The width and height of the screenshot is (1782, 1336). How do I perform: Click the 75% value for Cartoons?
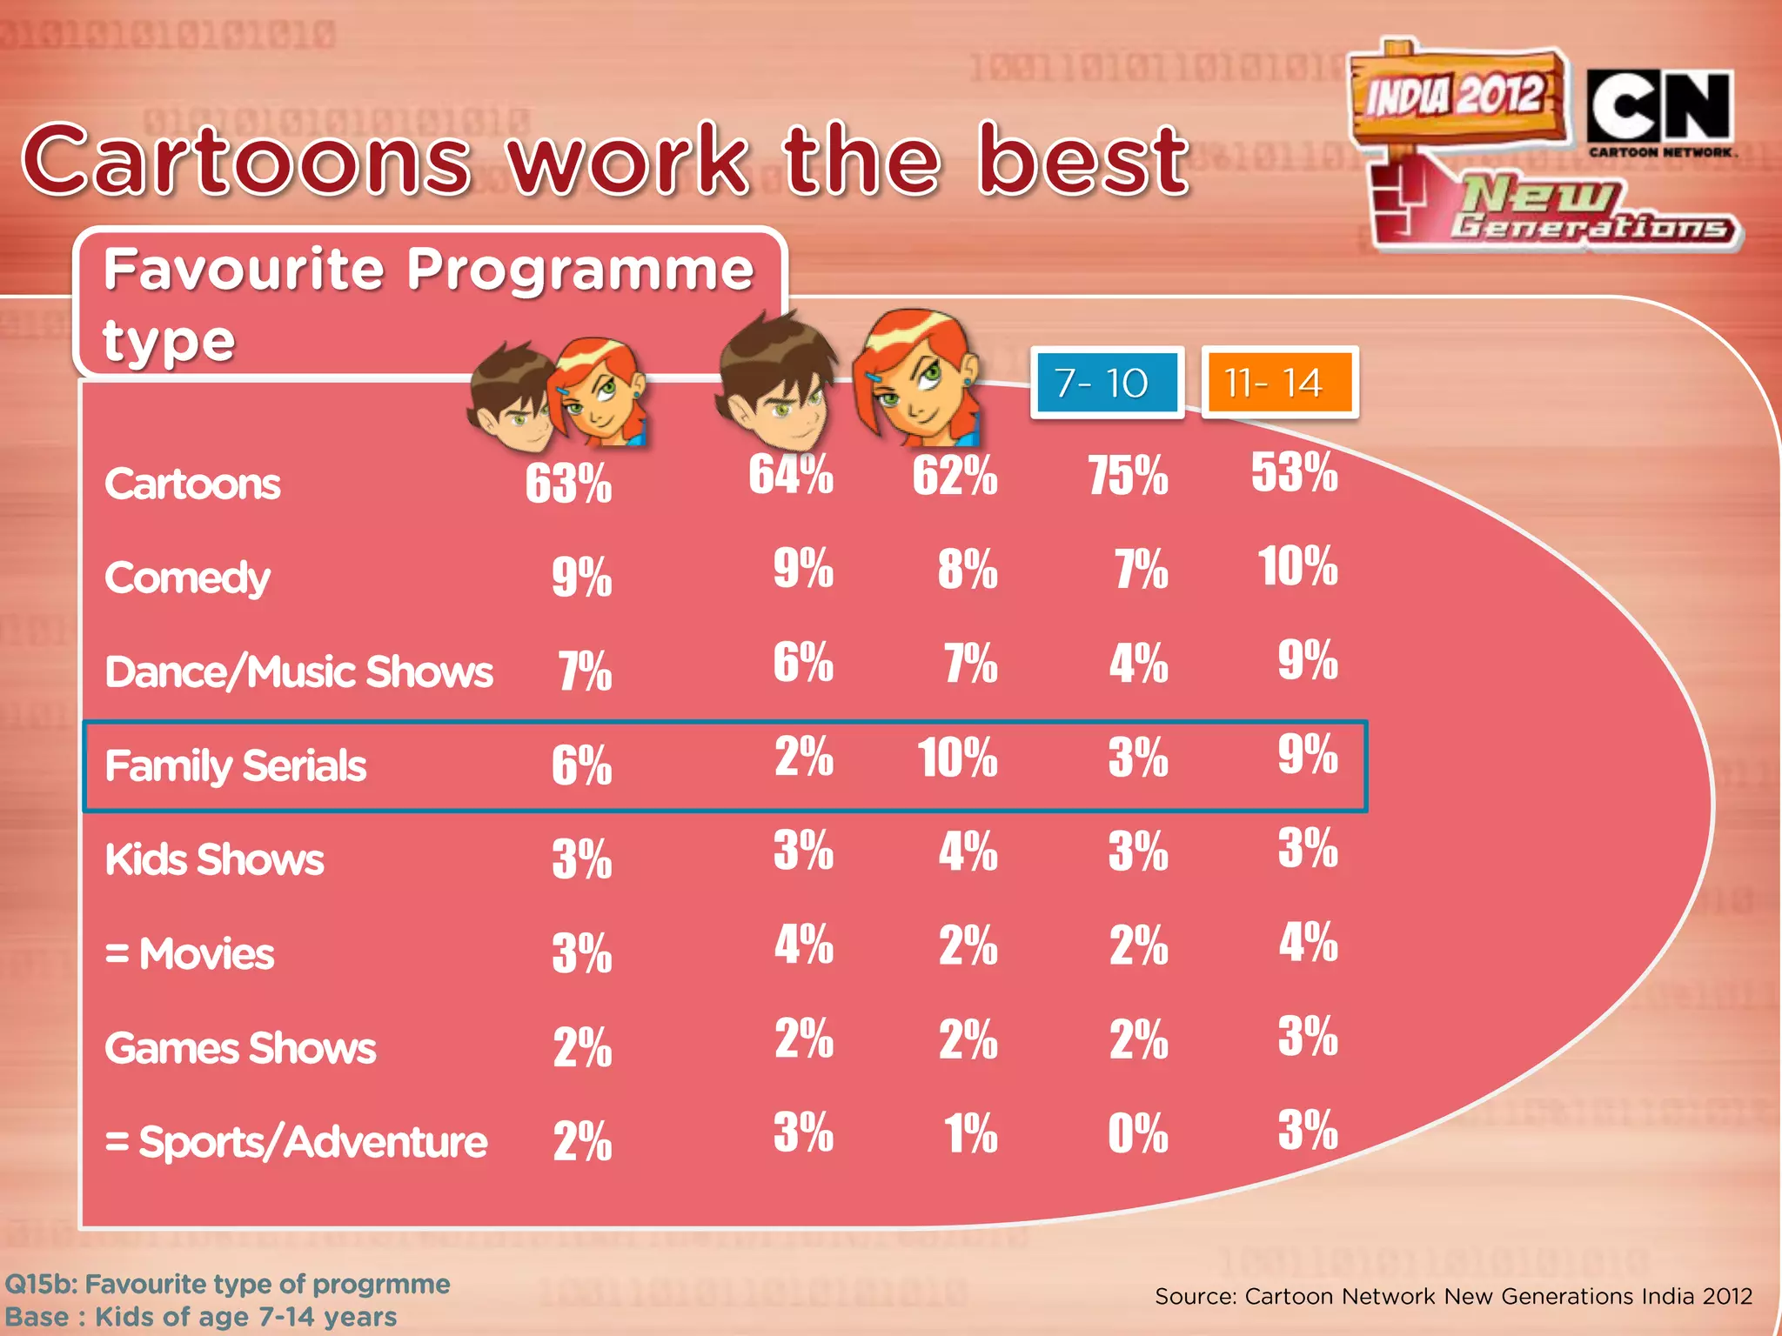(x=1128, y=476)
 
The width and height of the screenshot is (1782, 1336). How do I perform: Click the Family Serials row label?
(x=235, y=766)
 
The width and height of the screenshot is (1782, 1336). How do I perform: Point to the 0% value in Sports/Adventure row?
(x=1137, y=1133)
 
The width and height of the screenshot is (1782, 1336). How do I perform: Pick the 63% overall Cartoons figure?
(x=568, y=484)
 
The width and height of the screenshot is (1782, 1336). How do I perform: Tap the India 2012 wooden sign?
(x=1457, y=95)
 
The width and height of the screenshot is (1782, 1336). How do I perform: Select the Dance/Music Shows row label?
(x=298, y=672)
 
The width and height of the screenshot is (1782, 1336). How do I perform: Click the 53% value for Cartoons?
(x=1294, y=472)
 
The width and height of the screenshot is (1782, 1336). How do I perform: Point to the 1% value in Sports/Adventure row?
(x=970, y=1133)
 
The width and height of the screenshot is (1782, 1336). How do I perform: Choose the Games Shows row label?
(x=240, y=1048)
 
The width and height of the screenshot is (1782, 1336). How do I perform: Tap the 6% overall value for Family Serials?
(x=581, y=766)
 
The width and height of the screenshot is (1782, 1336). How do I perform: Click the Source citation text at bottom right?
(x=1453, y=1296)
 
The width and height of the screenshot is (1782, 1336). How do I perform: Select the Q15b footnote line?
(x=228, y=1284)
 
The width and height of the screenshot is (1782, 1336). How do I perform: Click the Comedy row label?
(x=187, y=578)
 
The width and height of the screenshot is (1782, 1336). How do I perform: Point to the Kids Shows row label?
(x=214, y=860)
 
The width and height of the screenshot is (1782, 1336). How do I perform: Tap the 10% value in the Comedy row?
(x=1297, y=566)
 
